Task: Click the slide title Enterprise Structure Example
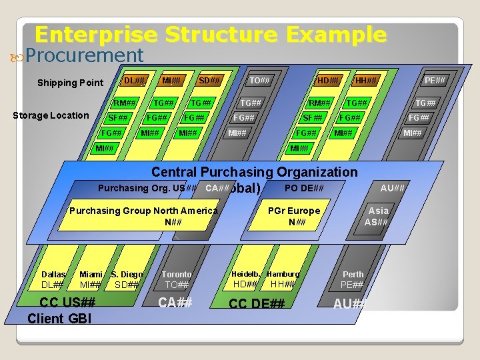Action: click(210, 34)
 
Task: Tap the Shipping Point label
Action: click(70, 83)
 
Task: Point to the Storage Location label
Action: click(51, 115)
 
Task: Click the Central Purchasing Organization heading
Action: click(254, 172)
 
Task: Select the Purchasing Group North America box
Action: click(143, 216)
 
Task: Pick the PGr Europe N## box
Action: click(293, 216)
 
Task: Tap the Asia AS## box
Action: click(377, 216)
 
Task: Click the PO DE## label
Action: click(304, 189)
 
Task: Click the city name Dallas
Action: click(53, 275)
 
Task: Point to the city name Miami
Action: click(91, 275)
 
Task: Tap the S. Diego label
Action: click(127, 275)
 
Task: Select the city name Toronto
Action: click(176, 274)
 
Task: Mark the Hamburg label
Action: click(283, 274)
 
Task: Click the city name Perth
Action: click(353, 274)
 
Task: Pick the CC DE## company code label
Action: click(257, 304)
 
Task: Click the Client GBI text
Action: click(59, 319)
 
